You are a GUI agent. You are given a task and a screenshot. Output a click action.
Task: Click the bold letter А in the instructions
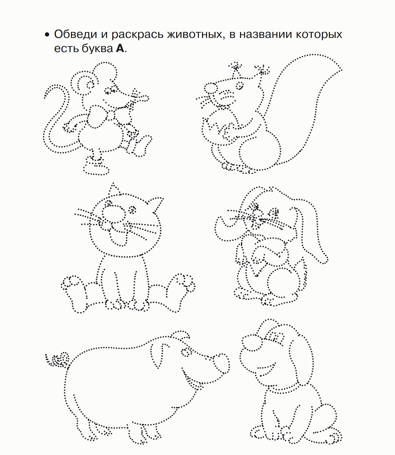[120, 48]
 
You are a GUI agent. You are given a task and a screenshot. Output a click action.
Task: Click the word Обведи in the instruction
[75, 34]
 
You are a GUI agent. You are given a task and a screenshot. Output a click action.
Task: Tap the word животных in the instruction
[195, 34]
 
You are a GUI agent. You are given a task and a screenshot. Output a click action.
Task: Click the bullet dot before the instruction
[47, 35]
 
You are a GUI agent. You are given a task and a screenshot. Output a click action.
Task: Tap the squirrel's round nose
[210, 87]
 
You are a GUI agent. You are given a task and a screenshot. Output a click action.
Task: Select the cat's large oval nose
[114, 214]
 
